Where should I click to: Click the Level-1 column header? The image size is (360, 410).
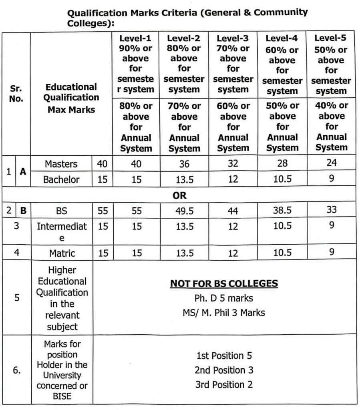[x=136, y=38]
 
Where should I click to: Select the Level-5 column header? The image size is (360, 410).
[x=331, y=38]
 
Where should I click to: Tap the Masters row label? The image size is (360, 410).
[x=61, y=164]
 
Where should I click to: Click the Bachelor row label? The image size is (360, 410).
[x=61, y=179]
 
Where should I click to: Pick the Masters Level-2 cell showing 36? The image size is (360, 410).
[x=184, y=164]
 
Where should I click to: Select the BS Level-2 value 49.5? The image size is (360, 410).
[x=184, y=211]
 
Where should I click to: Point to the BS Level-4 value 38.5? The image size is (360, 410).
[x=282, y=210]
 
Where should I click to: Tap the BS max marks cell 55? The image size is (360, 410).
[x=103, y=211]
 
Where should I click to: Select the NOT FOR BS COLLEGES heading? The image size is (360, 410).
[x=224, y=284]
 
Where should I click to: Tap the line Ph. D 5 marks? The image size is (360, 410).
[x=224, y=298]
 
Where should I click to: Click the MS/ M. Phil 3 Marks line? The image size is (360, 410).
[x=224, y=312]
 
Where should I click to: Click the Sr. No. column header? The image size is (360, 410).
[x=16, y=93]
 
